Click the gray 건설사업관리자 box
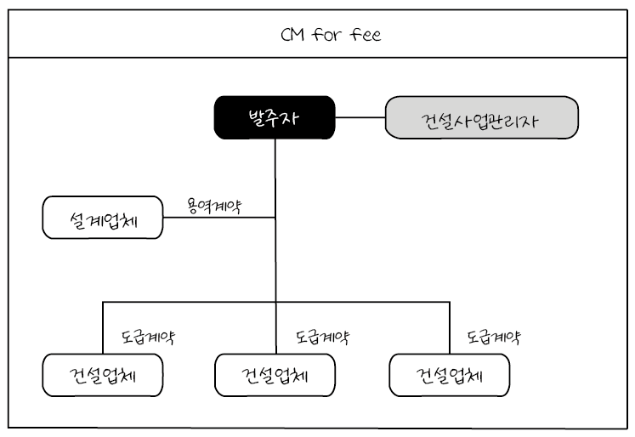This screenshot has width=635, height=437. [x=482, y=118]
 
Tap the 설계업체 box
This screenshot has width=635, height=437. [x=102, y=219]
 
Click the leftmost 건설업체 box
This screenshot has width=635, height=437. [x=102, y=375]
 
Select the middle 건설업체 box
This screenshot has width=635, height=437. [x=275, y=375]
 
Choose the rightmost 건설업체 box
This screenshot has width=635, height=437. [x=449, y=375]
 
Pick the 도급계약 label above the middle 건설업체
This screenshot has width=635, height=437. [x=322, y=336]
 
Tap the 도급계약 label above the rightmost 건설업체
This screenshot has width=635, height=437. [x=494, y=336]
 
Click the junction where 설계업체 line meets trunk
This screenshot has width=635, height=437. [x=275, y=218]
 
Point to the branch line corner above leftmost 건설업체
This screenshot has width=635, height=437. [x=103, y=302]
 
